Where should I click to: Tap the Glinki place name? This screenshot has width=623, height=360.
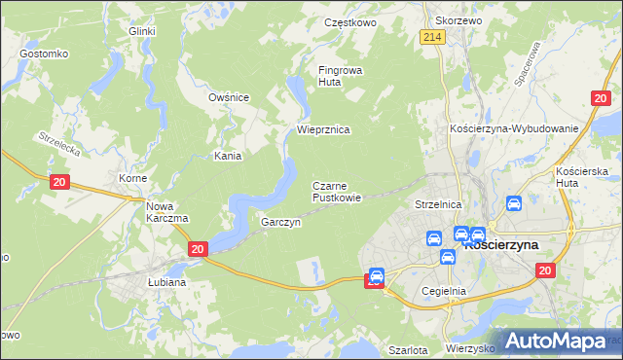point(142,31)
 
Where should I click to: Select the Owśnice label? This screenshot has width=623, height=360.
point(230,97)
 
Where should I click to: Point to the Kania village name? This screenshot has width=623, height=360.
point(228,156)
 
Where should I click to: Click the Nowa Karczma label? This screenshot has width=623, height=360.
point(166,211)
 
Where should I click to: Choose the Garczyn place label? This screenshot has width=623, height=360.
point(280,222)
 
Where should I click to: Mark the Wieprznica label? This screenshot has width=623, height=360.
point(323,129)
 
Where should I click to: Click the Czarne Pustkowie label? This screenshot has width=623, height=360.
point(337,191)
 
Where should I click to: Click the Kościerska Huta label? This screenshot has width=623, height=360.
point(581,177)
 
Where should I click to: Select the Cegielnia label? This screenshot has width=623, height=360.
point(445,291)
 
